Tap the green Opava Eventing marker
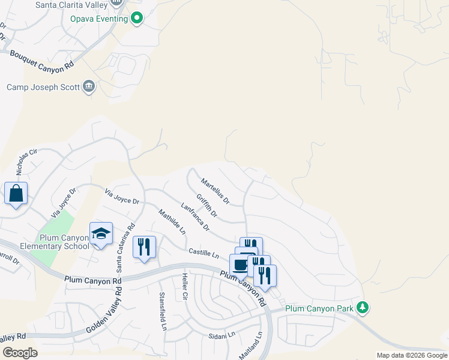pyautogui.click(x=137, y=19)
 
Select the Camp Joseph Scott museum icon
pyautogui.click(x=89, y=86)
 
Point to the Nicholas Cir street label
pyautogui.click(x=26, y=161)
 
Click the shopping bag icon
pyautogui.click(x=16, y=193)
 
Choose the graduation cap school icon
pyautogui.click(x=101, y=233)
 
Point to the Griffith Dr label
pyautogui.click(x=206, y=205)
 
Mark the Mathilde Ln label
pyautogui.click(x=172, y=222)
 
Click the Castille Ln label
pyautogui.click(x=203, y=253)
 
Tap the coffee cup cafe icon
pyautogui.click(x=241, y=265)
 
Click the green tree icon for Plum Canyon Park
pyautogui.click(x=362, y=308)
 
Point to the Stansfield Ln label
pyautogui.click(x=162, y=311)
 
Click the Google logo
pyautogui.click(x=19, y=352)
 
